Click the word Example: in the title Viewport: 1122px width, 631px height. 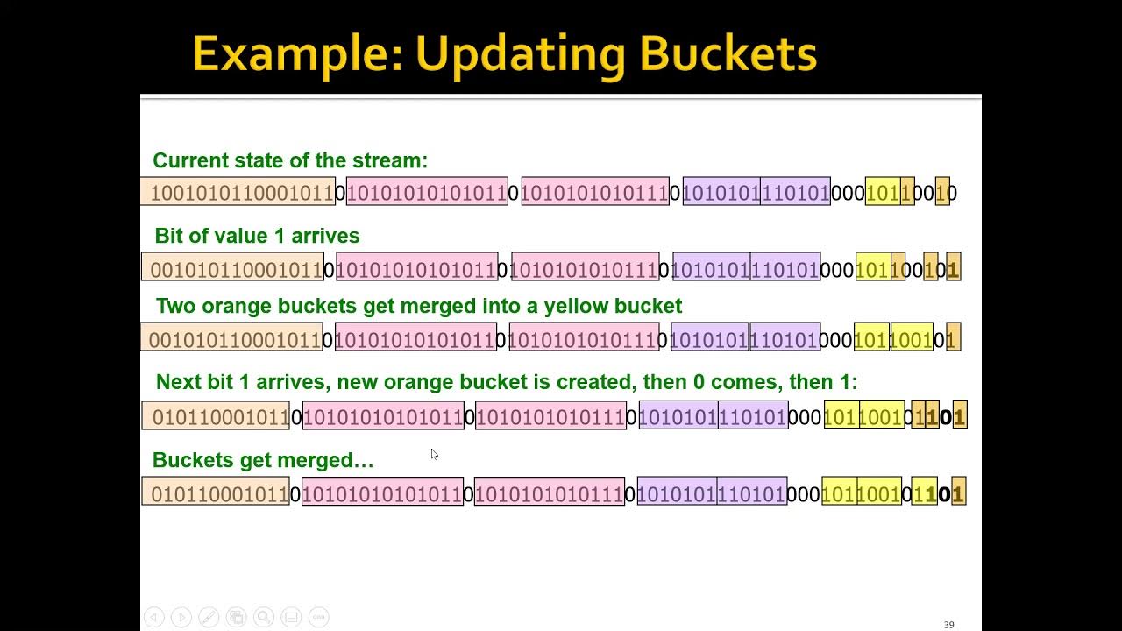[x=298, y=55]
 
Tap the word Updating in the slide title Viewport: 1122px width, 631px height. [x=521, y=55]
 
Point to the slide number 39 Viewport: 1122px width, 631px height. [x=948, y=625]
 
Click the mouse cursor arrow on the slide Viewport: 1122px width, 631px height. [x=434, y=454]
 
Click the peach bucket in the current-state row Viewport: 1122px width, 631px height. [x=238, y=191]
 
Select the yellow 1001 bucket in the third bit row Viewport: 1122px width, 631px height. [x=912, y=337]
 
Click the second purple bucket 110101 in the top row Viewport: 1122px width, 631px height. [x=795, y=191]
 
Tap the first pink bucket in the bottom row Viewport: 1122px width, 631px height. [x=383, y=492]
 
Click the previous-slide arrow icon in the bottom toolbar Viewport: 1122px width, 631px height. [x=154, y=617]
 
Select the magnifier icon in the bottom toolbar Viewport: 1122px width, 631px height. [x=264, y=617]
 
